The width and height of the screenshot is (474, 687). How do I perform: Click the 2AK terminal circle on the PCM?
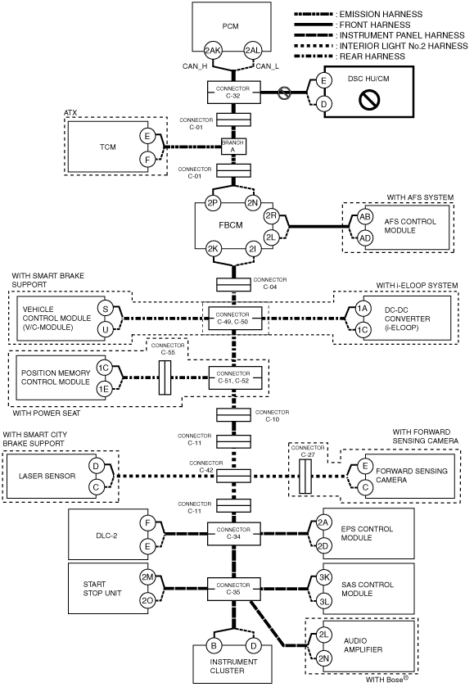pos(213,51)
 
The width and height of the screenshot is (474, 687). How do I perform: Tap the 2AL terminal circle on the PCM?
pos(252,51)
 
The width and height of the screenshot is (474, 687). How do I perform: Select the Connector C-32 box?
pos(234,92)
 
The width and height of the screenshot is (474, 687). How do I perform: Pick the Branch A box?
pos(233,147)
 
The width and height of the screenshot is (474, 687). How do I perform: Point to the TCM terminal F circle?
pos(147,160)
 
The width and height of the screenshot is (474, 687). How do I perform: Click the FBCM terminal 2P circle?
pos(213,203)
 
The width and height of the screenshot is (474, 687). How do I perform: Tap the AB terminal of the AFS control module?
pos(365,216)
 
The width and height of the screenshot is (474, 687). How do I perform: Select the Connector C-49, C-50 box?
pos(235,318)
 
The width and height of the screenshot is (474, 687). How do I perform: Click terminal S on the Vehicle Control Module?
pos(105,309)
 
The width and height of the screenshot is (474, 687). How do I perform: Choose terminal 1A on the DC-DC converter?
pos(363,309)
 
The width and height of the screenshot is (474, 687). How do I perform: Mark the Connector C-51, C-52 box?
pos(235,377)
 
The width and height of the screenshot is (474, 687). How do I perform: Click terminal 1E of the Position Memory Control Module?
pos(104,389)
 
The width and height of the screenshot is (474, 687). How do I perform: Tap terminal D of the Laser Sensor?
pos(96,466)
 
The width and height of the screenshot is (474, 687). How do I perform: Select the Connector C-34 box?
pos(234,534)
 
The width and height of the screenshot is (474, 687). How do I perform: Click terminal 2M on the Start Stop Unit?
pos(147,577)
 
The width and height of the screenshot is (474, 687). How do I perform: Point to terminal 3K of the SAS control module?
pos(324,577)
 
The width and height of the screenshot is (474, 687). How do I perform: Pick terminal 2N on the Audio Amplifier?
pos(323,658)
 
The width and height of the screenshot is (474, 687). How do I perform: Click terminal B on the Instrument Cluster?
pos(214,645)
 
